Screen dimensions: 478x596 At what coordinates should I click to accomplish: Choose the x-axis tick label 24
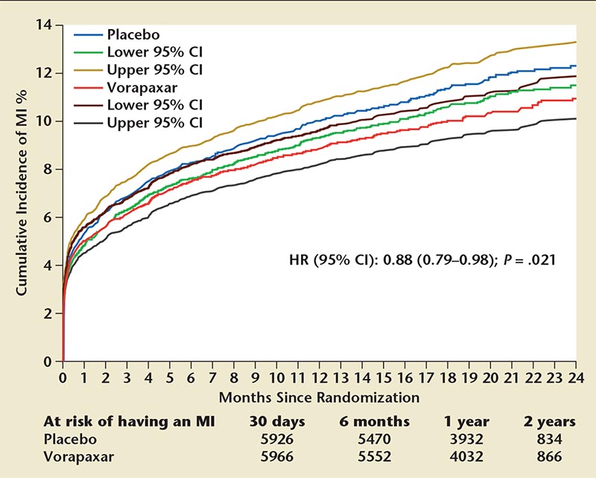pyautogui.click(x=576, y=374)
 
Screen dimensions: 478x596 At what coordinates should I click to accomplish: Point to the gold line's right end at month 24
pyautogui.click(x=576, y=42)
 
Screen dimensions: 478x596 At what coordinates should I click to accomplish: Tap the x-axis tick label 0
pyautogui.click(x=63, y=374)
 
